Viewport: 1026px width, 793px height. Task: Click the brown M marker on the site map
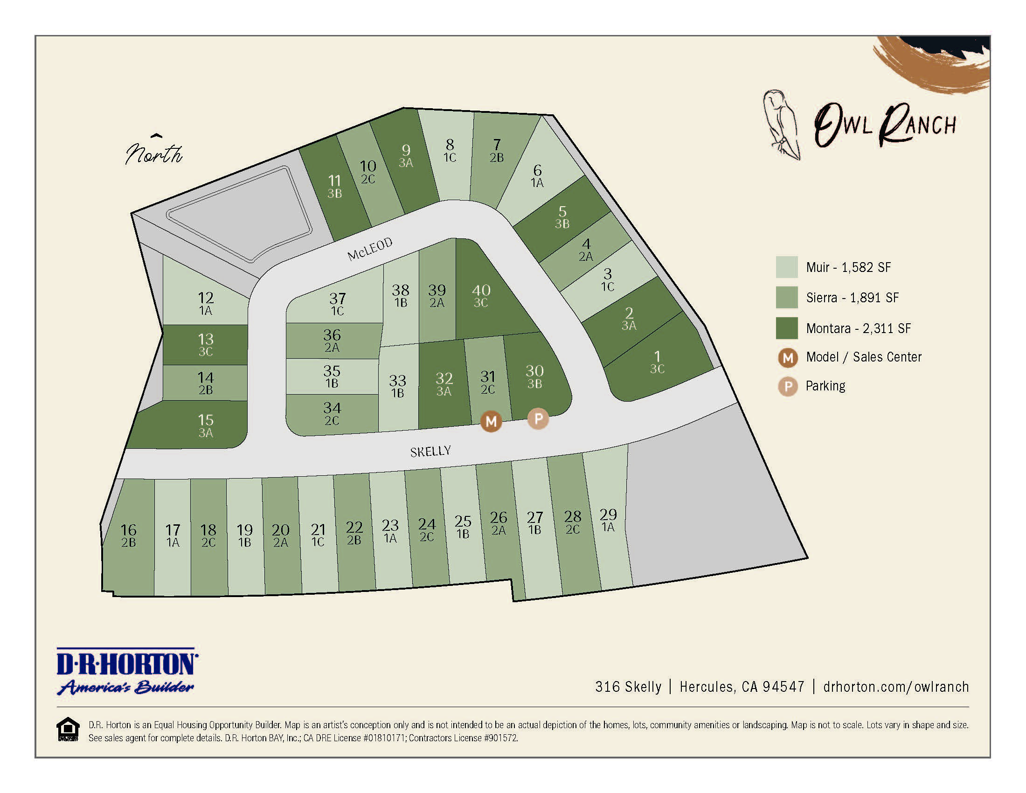[491, 421]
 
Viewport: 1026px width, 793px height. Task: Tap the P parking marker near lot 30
[538, 418]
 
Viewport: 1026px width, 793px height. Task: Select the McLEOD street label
[370, 249]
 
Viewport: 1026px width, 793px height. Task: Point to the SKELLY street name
[430, 452]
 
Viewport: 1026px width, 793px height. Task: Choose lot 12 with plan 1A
[206, 303]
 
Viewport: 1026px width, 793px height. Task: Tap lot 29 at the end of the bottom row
[608, 520]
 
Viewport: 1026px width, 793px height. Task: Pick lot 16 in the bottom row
[128, 536]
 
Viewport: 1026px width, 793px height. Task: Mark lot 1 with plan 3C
[657, 362]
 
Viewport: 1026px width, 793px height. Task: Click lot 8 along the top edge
[450, 150]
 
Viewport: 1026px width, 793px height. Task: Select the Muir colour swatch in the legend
[786, 267]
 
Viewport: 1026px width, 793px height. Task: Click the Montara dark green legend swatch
[786, 328]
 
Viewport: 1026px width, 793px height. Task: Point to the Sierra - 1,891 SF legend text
[852, 298]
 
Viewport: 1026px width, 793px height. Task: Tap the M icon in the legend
[788, 358]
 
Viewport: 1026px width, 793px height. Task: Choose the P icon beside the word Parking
[788, 387]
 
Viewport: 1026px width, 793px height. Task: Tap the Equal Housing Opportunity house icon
[68, 729]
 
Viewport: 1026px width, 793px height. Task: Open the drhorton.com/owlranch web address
[896, 687]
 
